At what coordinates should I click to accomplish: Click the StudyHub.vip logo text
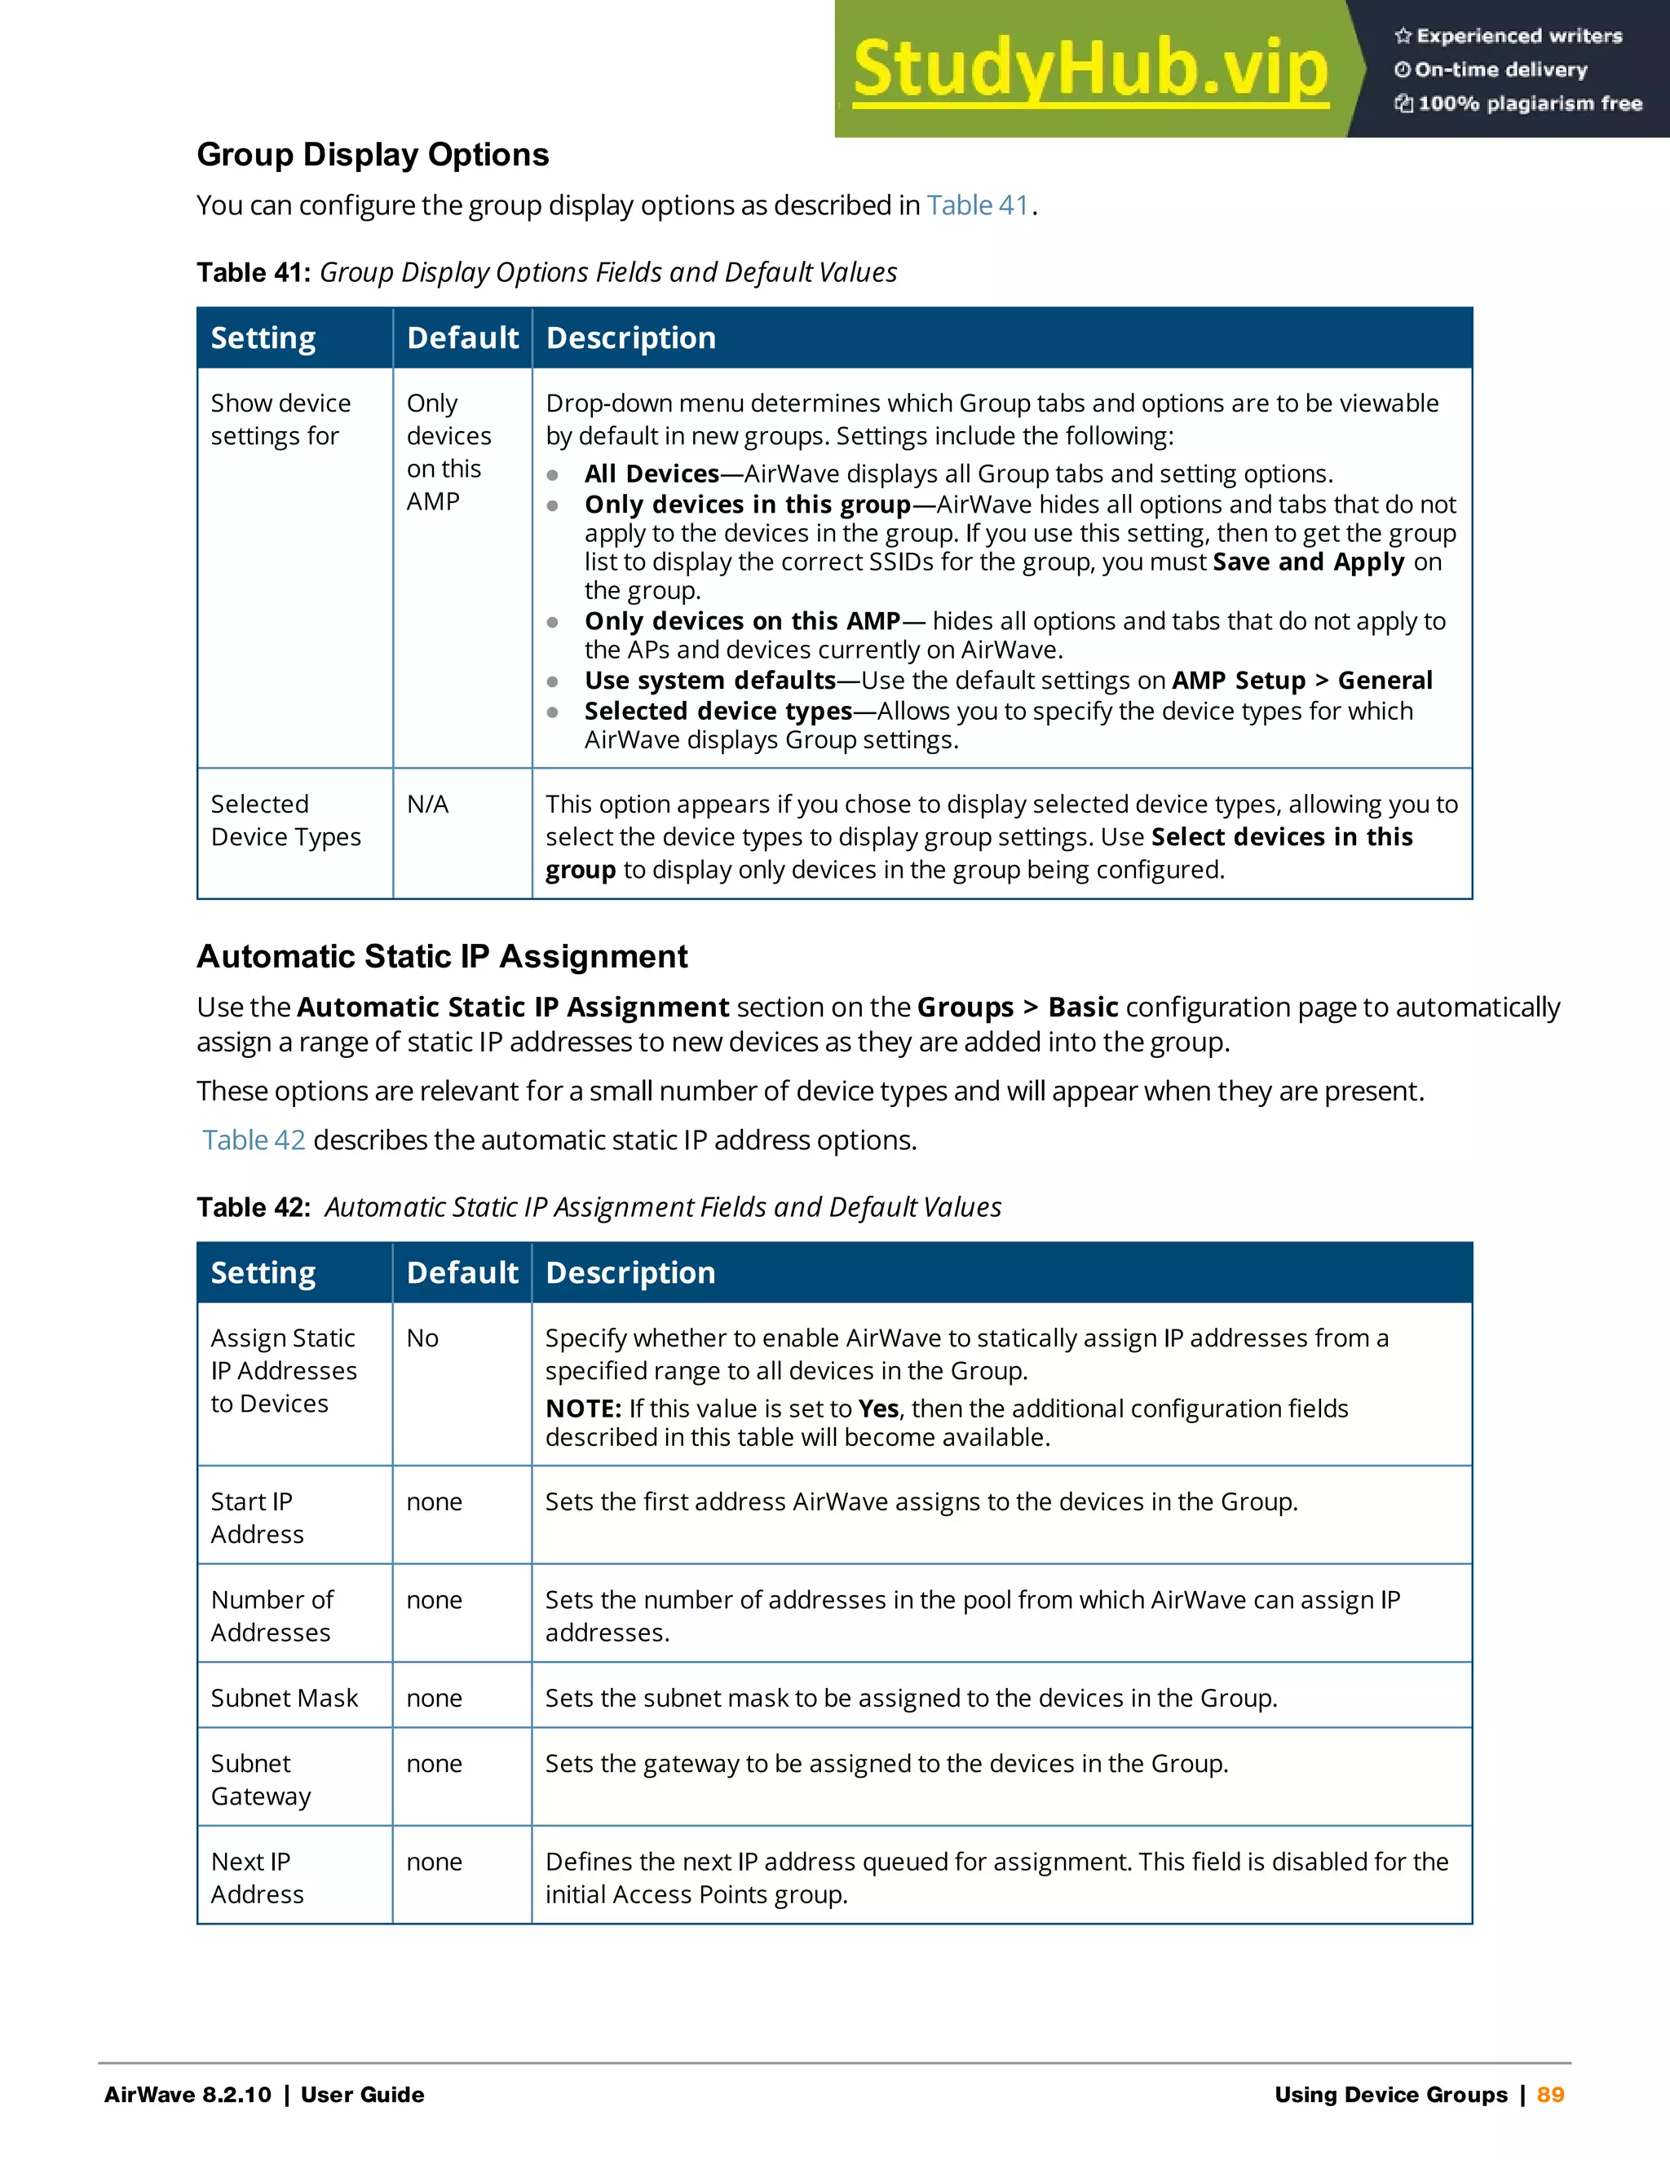(x=1089, y=69)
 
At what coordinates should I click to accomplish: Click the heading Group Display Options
(x=373, y=155)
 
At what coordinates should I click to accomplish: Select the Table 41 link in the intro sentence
(x=978, y=205)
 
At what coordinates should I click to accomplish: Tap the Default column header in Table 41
(x=462, y=338)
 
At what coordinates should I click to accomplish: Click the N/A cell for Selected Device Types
(x=427, y=804)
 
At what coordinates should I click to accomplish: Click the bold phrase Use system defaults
(x=709, y=681)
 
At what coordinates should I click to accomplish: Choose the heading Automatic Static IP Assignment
(x=442, y=956)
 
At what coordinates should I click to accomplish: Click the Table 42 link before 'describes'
(x=254, y=1140)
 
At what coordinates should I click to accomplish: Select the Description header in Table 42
(x=630, y=1273)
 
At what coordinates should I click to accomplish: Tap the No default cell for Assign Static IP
(x=422, y=1338)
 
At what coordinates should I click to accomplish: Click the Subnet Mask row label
(x=284, y=1698)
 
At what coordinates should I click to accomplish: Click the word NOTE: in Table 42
(x=583, y=1408)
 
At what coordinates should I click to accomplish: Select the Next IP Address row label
(x=256, y=1877)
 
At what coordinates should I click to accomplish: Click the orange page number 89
(x=1550, y=2094)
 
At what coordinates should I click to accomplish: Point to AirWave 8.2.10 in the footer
(x=188, y=2094)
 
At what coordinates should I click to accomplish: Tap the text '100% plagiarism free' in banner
(x=1529, y=104)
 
